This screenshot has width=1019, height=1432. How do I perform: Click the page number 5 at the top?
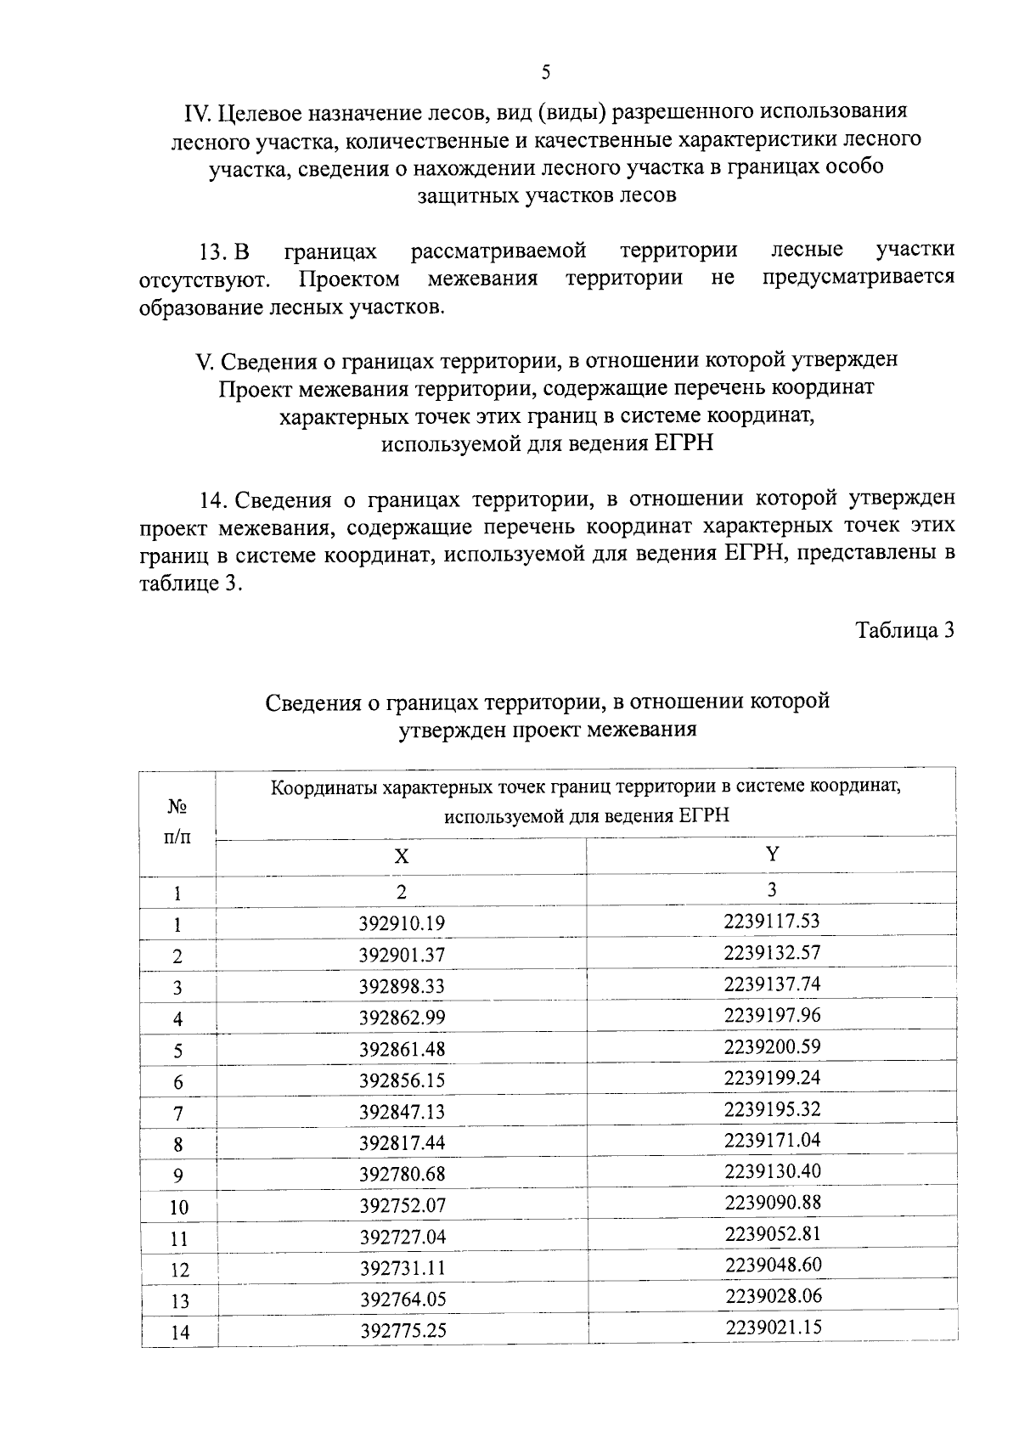pos(545,73)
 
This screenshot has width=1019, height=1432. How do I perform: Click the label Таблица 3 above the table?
pos(905,630)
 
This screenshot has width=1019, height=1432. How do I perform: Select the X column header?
pos(401,857)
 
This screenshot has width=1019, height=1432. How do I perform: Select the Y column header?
pos(772,854)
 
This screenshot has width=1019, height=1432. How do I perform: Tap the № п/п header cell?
pos(177,820)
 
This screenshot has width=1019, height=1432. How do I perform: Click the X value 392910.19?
pos(402,923)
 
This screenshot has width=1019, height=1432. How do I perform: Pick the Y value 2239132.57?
pos(772,952)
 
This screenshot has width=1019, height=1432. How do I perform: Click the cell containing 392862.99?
pos(402,1018)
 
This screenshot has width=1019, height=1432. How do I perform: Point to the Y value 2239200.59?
pos(772,1046)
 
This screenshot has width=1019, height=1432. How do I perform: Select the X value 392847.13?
pos(402,1112)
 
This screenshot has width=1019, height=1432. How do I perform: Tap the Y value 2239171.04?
pos(772,1140)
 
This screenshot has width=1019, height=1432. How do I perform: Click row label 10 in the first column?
pos(178,1207)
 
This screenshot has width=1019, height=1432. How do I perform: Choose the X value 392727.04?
pos(402,1237)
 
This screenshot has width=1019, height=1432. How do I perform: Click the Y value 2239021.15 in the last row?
pos(773,1327)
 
